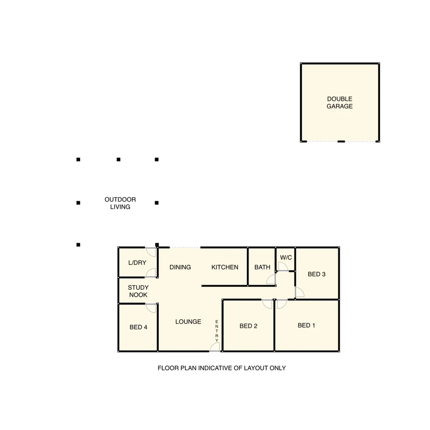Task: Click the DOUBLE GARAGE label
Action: point(340,103)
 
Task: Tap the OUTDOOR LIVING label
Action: point(120,203)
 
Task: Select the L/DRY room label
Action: point(137,263)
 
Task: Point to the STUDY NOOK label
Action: point(138,291)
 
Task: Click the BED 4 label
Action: point(139,327)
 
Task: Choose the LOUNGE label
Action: point(188,322)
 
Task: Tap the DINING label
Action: point(180,267)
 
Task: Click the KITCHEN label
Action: point(225,267)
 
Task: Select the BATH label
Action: point(262,267)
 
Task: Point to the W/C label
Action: point(286,258)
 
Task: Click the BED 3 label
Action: point(317,274)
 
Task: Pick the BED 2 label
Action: point(248,326)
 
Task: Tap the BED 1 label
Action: point(307,326)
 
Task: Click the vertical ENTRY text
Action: point(217,331)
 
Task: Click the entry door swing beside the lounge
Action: point(215,347)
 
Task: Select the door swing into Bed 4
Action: point(151,308)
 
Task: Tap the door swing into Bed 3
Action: point(299,292)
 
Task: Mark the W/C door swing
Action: point(283,267)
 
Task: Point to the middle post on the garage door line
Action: point(341,141)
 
